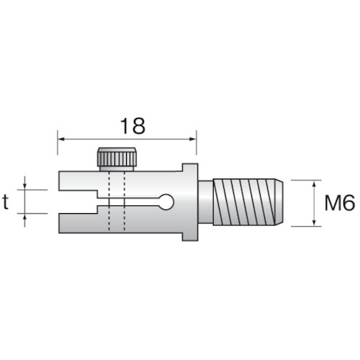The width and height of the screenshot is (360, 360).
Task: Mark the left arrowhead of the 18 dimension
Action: (x=61, y=137)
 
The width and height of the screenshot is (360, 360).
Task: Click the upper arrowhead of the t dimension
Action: (x=26, y=187)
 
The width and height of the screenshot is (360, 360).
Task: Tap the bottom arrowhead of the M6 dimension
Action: (x=315, y=222)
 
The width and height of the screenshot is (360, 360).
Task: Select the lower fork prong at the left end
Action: (x=76, y=225)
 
